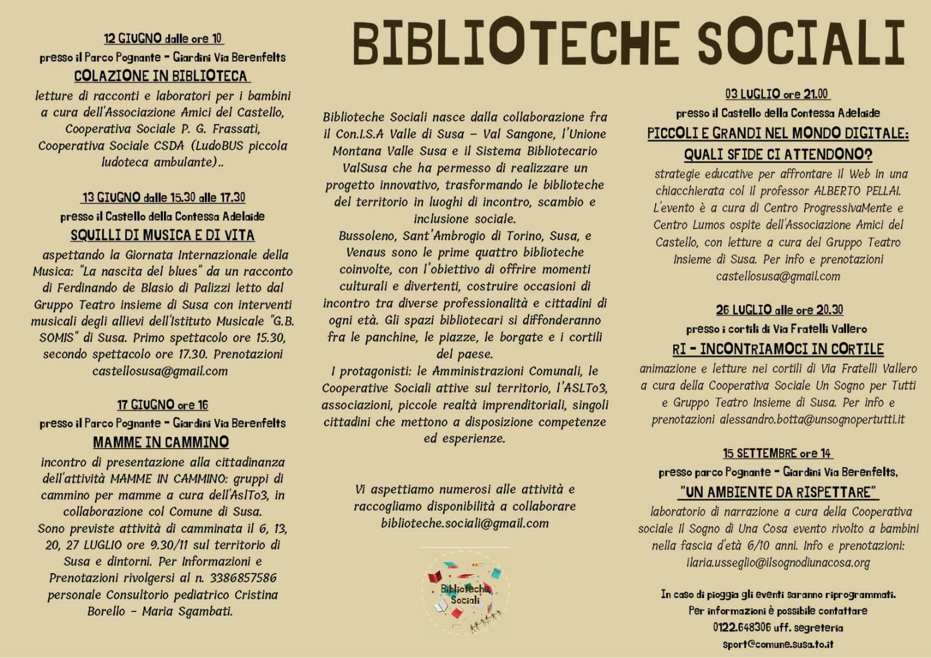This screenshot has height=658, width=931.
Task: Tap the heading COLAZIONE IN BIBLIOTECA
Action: [161, 76]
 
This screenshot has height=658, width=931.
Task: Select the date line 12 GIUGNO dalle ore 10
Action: [163, 38]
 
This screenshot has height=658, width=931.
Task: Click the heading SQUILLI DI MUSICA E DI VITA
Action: [162, 235]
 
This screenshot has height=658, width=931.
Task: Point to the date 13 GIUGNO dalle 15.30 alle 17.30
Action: [164, 197]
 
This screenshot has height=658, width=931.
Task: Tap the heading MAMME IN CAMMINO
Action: [161, 442]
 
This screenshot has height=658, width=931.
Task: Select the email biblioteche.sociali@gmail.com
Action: [465, 523]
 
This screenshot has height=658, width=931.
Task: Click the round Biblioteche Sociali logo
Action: [465, 592]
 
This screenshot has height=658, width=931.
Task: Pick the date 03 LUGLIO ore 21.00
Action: [777, 94]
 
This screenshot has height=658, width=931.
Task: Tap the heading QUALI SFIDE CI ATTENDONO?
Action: [778, 154]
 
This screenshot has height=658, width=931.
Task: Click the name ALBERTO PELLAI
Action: [849, 191]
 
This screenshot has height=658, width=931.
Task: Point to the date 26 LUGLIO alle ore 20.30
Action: [779, 310]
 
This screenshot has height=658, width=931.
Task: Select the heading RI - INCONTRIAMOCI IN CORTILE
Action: [778, 349]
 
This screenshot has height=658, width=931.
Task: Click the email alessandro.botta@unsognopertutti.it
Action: [812, 419]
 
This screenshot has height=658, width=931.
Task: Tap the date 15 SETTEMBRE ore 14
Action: [777, 453]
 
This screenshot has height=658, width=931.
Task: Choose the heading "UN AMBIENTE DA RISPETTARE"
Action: [778, 492]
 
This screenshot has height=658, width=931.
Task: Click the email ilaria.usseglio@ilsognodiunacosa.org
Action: [778, 563]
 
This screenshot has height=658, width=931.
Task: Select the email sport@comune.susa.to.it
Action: [778, 645]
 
